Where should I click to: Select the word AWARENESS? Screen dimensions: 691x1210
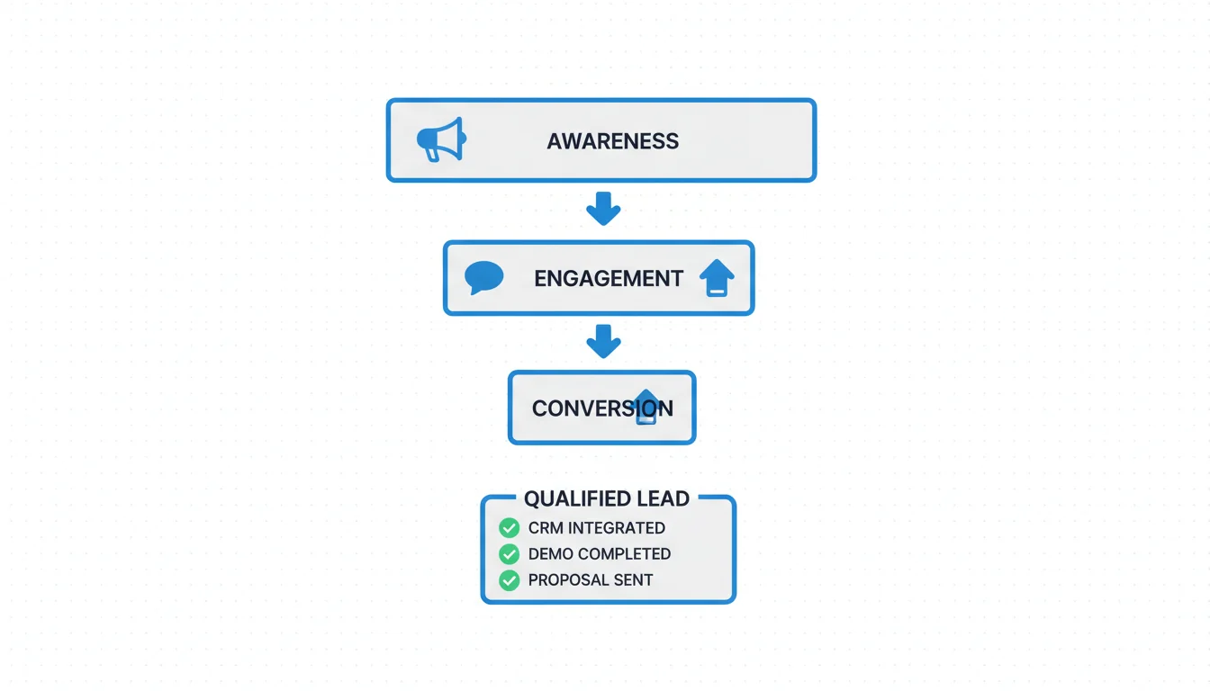pyautogui.click(x=612, y=141)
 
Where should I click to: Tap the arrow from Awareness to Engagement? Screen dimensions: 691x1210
pyautogui.click(x=603, y=209)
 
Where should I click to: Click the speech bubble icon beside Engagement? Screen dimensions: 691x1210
pyautogui.click(x=483, y=277)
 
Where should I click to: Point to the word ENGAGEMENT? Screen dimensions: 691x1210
pyautogui.click(x=609, y=279)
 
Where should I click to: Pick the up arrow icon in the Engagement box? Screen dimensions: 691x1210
pyautogui.click(x=717, y=278)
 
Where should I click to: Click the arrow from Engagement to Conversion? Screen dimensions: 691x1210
pyautogui.click(x=603, y=342)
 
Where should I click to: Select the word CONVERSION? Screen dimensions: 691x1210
pyautogui.click(x=601, y=408)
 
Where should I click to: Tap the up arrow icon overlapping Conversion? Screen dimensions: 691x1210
pyautogui.click(x=646, y=407)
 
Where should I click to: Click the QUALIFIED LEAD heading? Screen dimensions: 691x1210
pyautogui.click(x=607, y=498)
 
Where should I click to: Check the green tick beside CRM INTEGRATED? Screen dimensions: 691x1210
pyautogui.click(x=510, y=528)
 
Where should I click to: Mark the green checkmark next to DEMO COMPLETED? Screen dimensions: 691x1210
pyautogui.click(x=510, y=554)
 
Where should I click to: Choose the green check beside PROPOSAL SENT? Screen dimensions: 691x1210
pyautogui.click(x=510, y=580)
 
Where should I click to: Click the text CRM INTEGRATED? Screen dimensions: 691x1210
pyautogui.click(x=597, y=528)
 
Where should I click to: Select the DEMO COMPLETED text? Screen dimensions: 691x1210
pyautogui.click(x=600, y=554)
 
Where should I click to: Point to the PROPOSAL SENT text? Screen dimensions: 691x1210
pyautogui.click(x=591, y=580)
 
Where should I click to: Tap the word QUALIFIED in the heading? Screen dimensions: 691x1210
pyautogui.click(x=575, y=498)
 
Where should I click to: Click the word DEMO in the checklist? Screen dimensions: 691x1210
pyautogui.click(x=549, y=554)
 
